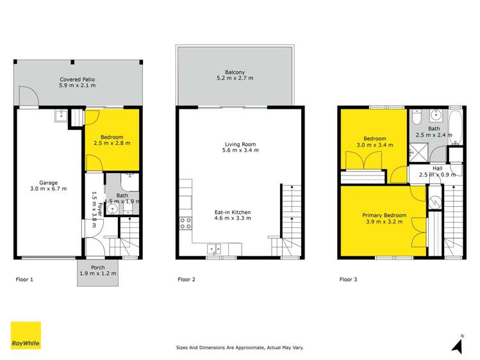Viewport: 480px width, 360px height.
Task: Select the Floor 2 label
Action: [x=186, y=279]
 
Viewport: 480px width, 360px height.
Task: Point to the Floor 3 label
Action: [x=348, y=279]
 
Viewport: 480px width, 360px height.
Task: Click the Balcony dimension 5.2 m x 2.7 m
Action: [x=235, y=79]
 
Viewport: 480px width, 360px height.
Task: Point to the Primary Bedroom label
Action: [x=383, y=216]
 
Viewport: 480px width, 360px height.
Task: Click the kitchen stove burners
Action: [x=185, y=224]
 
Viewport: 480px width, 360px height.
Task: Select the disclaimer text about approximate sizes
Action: [x=240, y=348]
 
